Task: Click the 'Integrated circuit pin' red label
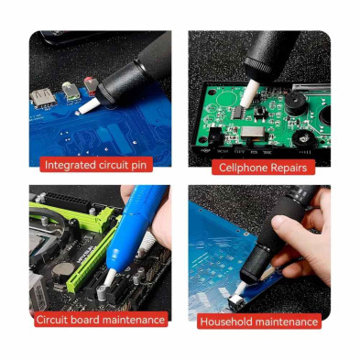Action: [96, 165]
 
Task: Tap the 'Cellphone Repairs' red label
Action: [263, 168]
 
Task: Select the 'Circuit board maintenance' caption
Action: [101, 320]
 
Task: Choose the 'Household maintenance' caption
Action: [259, 322]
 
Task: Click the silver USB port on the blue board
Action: [43, 97]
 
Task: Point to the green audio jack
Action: [71, 90]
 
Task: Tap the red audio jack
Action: [91, 85]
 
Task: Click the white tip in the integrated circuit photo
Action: [89, 106]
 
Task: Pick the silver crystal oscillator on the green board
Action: [253, 132]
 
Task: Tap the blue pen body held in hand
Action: [136, 225]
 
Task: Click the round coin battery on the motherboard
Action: [63, 269]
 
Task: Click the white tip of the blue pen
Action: [109, 278]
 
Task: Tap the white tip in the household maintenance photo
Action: [240, 289]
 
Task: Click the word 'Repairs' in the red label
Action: [289, 168]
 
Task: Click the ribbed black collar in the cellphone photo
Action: [258, 66]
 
